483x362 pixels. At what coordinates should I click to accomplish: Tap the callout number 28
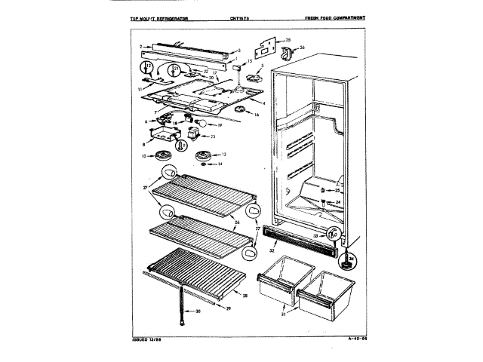click(x=245, y=296)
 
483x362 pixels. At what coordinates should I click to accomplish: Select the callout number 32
click(x=272, y=248)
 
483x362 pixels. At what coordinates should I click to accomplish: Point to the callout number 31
click(x=284, y=314)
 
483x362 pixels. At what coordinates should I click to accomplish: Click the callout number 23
click(x=213, y=137)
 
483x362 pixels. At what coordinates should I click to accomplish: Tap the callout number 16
click(x=256, y=115)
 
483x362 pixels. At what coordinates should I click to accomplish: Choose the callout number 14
click(x=220, y=164)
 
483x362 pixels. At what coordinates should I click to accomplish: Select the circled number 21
click(x=175, y=69)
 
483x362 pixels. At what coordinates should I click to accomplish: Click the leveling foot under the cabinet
click(x=348, y=262)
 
